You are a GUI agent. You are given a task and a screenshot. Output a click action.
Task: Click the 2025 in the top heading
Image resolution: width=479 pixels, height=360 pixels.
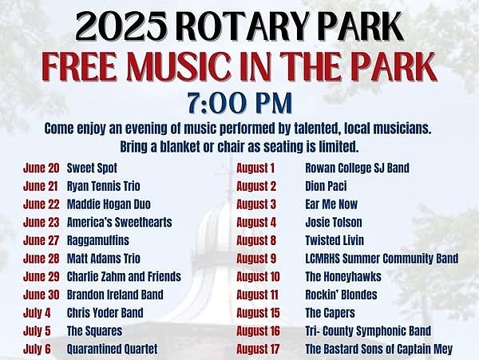[x=121, y=26]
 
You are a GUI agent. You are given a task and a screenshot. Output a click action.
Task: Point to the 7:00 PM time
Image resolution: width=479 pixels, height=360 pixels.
[x=239, y=104]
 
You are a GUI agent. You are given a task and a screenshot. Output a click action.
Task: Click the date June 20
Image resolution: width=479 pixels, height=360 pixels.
[x=41, y=168]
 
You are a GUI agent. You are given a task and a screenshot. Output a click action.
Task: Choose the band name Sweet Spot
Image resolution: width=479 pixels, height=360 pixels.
[x=92, y=168]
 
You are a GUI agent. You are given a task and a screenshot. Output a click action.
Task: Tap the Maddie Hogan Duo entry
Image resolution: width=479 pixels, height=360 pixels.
[x=109, y=204]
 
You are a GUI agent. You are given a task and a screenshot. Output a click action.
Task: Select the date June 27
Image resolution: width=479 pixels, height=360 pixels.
[x=41, y=240]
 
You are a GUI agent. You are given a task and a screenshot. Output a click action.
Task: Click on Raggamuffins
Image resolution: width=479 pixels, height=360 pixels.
[x=97, y=240]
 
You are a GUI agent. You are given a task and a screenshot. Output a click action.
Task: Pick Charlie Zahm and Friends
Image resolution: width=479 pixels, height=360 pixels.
[x=124, y=277]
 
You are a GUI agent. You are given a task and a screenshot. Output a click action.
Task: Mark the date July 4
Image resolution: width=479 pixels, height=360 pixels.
[x=37, y=313]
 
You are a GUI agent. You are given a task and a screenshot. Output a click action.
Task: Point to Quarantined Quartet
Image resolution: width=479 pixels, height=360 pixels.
[x=113, y=349]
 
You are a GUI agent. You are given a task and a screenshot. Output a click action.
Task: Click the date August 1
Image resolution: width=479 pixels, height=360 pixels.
[x=255, y=168]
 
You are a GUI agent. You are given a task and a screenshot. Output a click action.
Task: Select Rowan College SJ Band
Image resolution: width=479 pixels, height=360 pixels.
[x=358, y=168]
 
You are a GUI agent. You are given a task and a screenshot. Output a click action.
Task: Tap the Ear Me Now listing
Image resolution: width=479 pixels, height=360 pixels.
[x=331, y=204]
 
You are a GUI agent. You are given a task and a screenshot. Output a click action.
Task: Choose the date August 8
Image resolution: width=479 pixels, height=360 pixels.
[x=256, y=240]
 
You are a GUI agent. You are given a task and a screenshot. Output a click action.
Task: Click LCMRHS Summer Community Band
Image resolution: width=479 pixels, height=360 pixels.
[x=382, y=259]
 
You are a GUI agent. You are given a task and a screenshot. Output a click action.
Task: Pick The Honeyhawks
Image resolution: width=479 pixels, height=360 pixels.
[x=343, y=277]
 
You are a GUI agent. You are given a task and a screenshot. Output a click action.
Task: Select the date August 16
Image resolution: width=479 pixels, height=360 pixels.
[x=258, y=331]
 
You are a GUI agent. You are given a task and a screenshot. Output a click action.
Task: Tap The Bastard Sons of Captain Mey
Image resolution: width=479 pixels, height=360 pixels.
[x=379, y=349]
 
